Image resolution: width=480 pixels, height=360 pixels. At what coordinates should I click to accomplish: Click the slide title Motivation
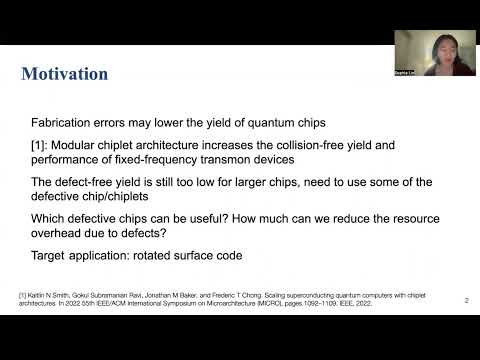pyautogui.click(x=65, y=74)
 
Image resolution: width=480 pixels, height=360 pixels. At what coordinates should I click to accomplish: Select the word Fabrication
pyautogui.click(x=63, y=122)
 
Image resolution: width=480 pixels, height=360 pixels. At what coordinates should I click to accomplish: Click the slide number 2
pyautogui.click(x=466, y=299)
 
